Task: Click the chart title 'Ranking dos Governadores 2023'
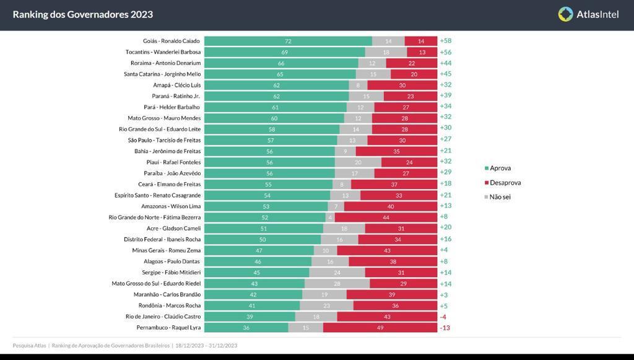tap(83, 14)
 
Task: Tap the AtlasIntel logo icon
tap(565, 14)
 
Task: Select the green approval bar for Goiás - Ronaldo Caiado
tap(288, 41)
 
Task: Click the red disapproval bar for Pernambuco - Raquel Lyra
tap(380, 327)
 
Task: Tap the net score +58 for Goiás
tap(445, 41)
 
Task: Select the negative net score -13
tap(445, 327)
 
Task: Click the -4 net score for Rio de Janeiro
tap(443, 316)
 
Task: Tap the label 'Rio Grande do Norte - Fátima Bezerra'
tap(154, 217)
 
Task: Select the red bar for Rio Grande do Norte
tap(386, 217)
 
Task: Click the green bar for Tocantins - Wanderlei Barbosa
tap(284, 52)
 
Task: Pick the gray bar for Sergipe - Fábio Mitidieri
tap(337, 272)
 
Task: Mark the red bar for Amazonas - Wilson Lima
tap(391, 206)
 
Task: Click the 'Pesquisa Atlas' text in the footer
tap(29, 346)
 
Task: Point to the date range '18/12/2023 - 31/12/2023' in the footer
tap(206, 346)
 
